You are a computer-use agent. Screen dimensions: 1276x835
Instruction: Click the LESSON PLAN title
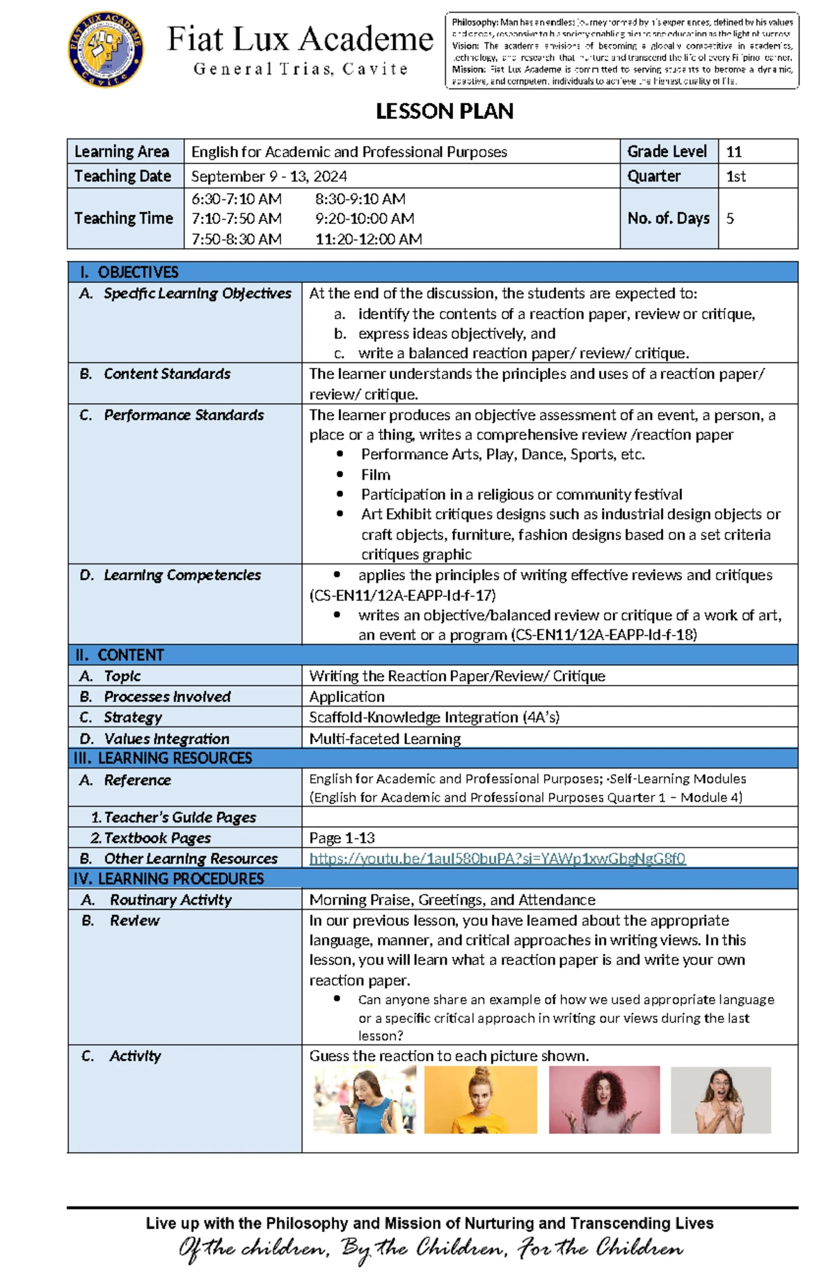coord(444,111)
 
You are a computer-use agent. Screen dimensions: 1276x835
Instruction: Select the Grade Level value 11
coord(733,152)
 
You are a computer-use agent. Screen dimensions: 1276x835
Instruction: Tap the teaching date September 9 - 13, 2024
coord(269,177)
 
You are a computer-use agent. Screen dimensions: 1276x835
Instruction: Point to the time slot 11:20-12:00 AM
coord(368,239)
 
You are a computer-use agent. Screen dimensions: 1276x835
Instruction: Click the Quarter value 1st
coord(735,177)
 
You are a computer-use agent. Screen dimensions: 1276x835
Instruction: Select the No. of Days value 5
coord(730,218)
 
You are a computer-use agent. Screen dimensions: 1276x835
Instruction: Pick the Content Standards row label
coord(167,374)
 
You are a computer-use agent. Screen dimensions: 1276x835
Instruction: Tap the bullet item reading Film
coord(375,475)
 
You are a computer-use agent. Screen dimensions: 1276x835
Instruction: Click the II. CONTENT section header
coord(130,655)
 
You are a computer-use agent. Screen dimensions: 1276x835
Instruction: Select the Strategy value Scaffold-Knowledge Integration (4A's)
coord(434,718)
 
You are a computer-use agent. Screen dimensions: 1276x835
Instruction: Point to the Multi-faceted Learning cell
coord(385,738)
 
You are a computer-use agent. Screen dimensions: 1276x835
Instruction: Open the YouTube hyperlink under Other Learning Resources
coord(497,859)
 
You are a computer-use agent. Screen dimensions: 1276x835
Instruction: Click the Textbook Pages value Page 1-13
coord(342,838)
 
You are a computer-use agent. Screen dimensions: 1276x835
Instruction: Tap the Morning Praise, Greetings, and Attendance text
coord(452,900)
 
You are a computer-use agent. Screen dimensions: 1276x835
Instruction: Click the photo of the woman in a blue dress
coord(364,1099)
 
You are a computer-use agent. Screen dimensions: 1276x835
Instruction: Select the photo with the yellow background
coord(480,1099)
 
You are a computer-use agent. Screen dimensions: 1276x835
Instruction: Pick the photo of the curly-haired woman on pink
coord(603,1099)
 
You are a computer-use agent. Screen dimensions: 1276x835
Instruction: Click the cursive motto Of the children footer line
coord(431,1249)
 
